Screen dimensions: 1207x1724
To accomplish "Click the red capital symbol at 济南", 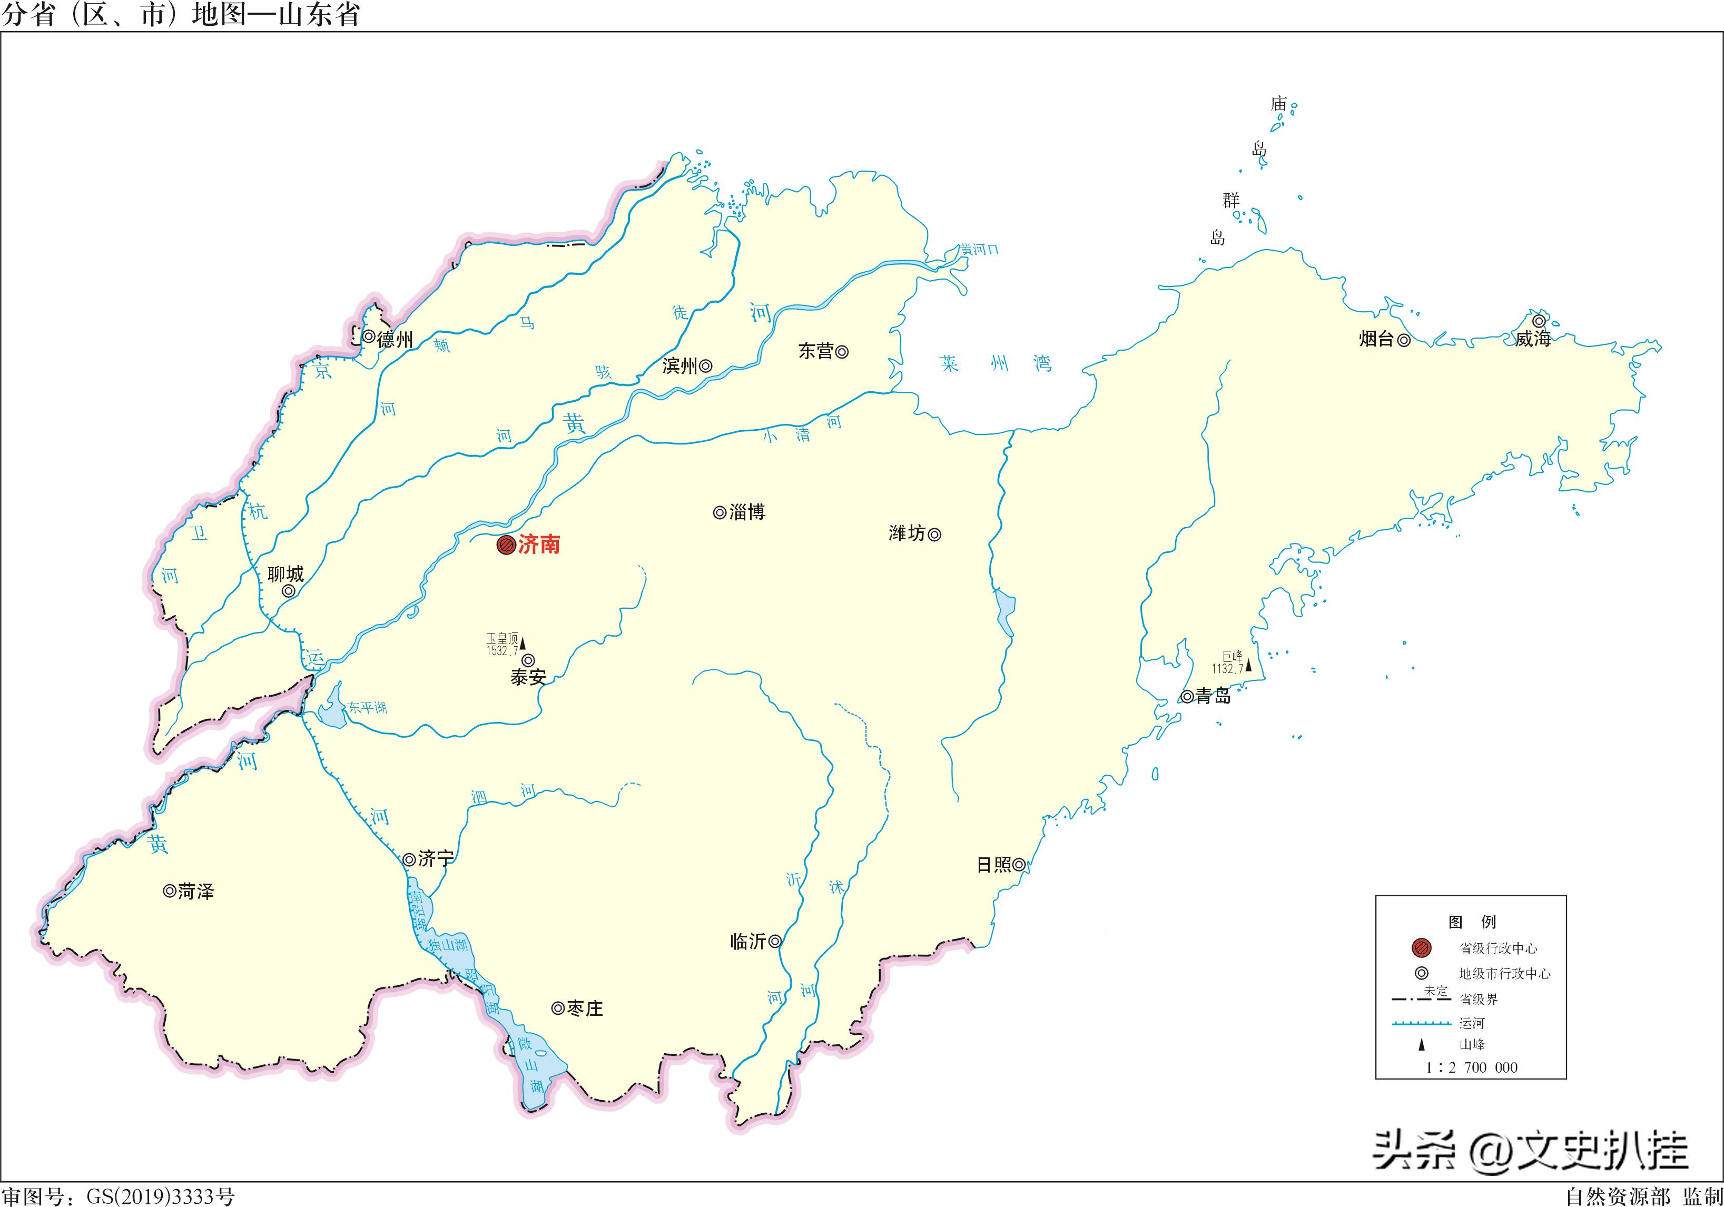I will pyautogui.click(x=506, y=545).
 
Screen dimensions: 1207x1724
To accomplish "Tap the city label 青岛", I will pyautogui.click(x=1214, y=697).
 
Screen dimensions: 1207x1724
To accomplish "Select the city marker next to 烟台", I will pyautogui.click(x=1403, y=340).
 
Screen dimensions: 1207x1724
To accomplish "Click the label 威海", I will pyautogui.click(x=1532, y=339).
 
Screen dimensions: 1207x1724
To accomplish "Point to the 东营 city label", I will pyautogui.click(x=815, y=351).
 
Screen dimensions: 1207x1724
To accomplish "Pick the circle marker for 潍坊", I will pyautogui.click(x=935, y=535).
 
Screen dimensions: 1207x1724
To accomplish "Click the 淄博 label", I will pyautogui.click(x=747, y=513).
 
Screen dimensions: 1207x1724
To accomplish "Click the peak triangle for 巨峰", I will pyautogui.click(x=1249, y=665).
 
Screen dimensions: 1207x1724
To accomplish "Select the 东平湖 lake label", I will pyautogui.click(x=367, y=708).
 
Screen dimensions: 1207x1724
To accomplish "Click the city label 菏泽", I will pyautogui.click(x=196, y=892).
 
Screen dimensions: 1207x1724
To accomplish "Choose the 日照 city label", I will pyautogui.click(x=993, y=865).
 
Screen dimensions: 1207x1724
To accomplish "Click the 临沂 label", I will pyautogui.click(x=748, y=941).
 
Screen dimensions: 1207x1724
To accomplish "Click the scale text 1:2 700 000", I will pyautogui.click(x=1471, y=1067).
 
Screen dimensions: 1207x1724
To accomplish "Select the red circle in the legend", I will pyautogui.click(x=1422, y=948).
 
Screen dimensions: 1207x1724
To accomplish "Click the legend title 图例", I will pyautogui.click(x=1472, y=922).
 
